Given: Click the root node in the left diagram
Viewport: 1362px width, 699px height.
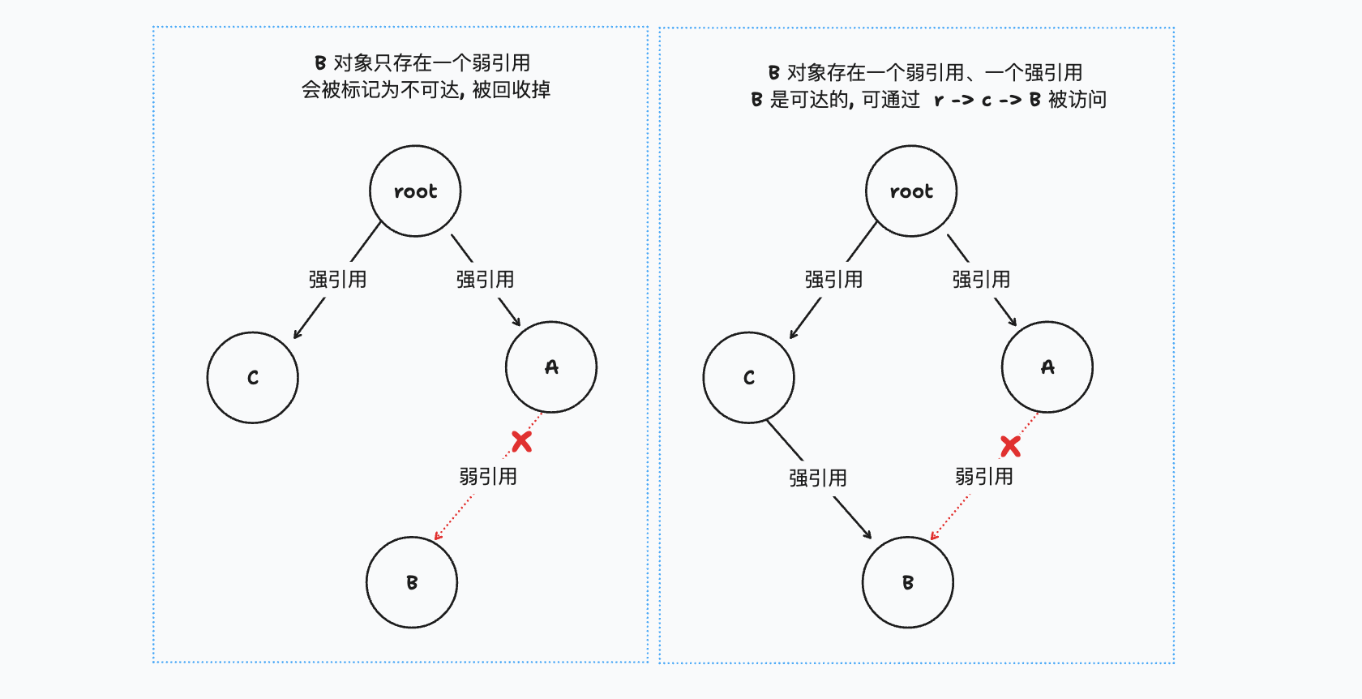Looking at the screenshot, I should tap(415, 191).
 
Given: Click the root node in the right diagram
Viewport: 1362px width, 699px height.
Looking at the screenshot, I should tap(911, 191).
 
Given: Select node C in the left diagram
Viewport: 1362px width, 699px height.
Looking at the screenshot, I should tap(253, 377).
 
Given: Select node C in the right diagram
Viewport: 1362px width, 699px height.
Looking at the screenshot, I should tap(749, 377).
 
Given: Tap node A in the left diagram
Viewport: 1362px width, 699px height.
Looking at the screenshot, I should tap(551, 367).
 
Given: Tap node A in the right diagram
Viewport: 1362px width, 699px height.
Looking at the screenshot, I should tap(1047, 367).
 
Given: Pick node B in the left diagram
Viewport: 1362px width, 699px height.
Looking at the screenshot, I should tap(412, 582).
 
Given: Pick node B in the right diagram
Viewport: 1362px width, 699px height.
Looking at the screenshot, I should tap(908, 582).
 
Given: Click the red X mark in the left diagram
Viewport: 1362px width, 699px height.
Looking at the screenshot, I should tap(522, 441).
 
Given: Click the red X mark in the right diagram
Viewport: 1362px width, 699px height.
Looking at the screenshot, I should tap(1010, 446).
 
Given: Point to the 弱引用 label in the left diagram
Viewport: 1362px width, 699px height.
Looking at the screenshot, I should tap(488, 477).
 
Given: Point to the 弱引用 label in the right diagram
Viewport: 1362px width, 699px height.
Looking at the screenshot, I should tap(984, 477).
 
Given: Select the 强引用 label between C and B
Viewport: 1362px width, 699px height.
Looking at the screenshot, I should tap(818, 478).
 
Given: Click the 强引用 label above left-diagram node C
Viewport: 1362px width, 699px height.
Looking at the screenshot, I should tap(337, 280).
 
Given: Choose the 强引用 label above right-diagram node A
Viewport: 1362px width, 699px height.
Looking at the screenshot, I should tap(981, 280).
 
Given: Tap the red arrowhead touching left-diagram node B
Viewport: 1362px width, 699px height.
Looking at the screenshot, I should tap(438, 535).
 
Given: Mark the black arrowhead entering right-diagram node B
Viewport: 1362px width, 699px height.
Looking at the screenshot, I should tap(868, 535).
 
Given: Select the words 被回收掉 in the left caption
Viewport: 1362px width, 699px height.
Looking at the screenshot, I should tap(512, 89).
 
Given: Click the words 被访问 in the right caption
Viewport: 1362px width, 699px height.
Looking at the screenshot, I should tap(1077, 100).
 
